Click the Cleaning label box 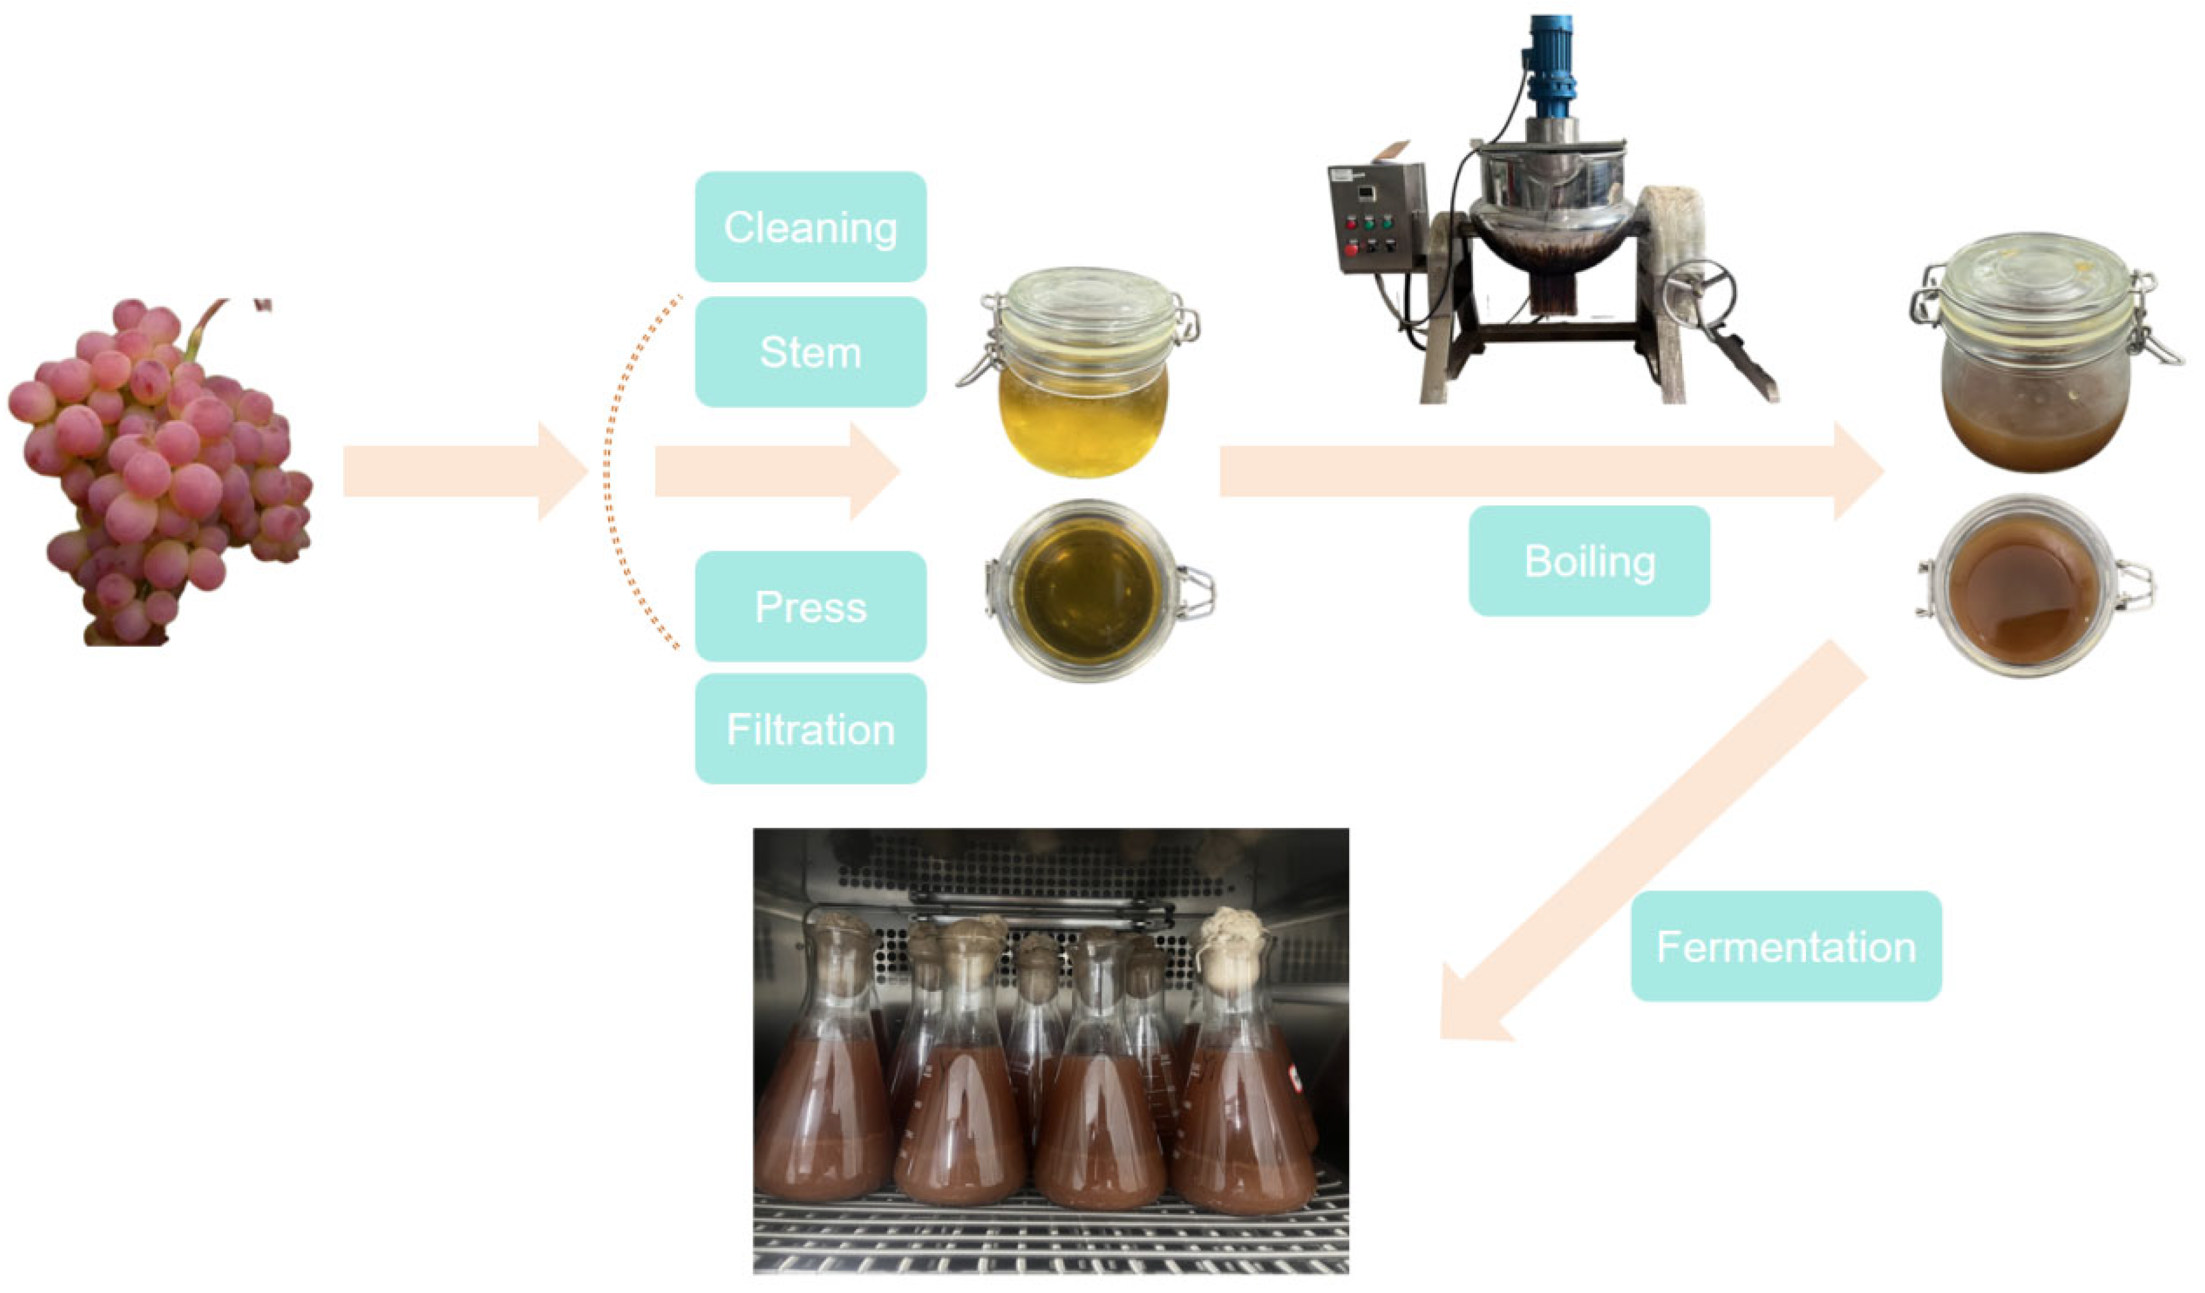click(811, 226)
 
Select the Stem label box click(811, 352)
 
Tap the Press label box click(811, 606)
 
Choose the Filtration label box click(811, 729)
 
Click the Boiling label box click(1589, 561)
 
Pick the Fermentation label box click(1786, 946)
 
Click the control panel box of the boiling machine click(1376, 218)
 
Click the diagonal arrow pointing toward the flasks click(1645, 849)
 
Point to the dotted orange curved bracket click(613, 472)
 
